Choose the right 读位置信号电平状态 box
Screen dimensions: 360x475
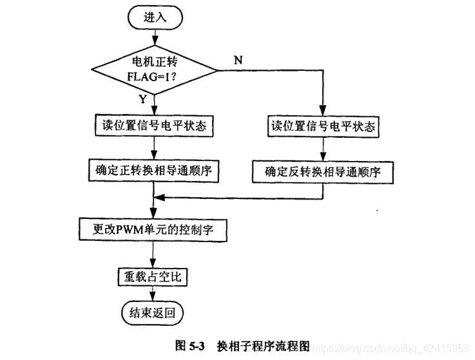pyautogui.click(x=322, y=126)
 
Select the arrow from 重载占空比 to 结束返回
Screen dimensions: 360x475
pyautogui.click(x=152, y=294)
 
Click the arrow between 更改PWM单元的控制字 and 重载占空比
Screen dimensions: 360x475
pyautogui.click(x=152, y=253)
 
